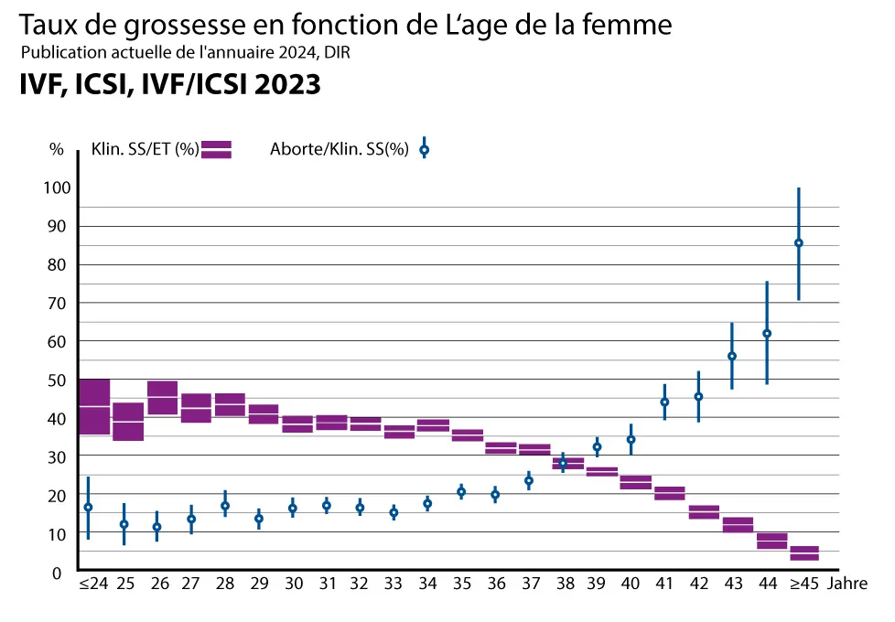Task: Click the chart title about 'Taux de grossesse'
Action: (345, 26)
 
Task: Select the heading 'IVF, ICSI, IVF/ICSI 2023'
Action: (170, 84)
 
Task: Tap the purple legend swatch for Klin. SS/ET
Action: (217, 150)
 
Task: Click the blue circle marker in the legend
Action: (424, 150)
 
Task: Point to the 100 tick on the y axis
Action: (59, 188)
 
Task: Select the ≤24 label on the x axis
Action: (93, 583)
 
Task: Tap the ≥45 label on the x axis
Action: (804, 583)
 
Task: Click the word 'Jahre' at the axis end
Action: (847, 583)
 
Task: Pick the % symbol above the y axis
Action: (57, 150)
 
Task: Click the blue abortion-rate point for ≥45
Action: (799, 242)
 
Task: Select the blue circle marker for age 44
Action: (767, 333)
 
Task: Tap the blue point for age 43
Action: (732, 356)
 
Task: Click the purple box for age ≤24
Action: (93, 406)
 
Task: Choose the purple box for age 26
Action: (162, 398)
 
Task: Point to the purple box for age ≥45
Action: (804, 553)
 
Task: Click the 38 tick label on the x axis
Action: (563, 583)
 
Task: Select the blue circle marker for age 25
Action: (124, 524)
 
